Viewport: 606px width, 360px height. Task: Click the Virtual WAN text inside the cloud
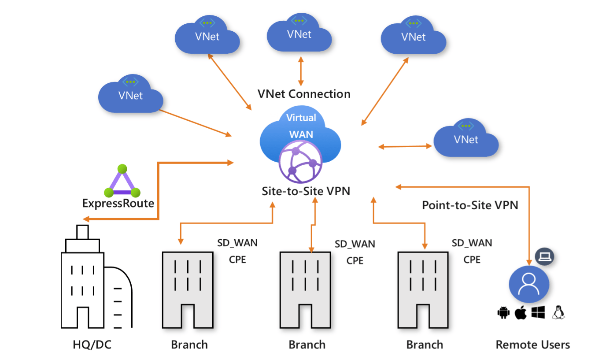301,126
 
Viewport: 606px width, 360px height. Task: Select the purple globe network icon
301,162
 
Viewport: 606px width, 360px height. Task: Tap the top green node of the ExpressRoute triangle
122,169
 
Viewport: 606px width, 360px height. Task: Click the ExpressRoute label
118,204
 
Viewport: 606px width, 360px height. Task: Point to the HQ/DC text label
92,344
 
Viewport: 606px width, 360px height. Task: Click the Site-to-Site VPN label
300,192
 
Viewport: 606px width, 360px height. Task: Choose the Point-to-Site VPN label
470,205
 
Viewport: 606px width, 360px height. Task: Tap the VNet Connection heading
304,94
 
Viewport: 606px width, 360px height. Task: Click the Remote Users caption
532,344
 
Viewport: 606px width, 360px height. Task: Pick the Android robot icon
503,313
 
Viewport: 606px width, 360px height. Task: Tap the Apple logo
521,313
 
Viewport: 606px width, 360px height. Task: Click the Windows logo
538,312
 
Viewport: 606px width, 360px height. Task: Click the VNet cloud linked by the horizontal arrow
466,139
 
